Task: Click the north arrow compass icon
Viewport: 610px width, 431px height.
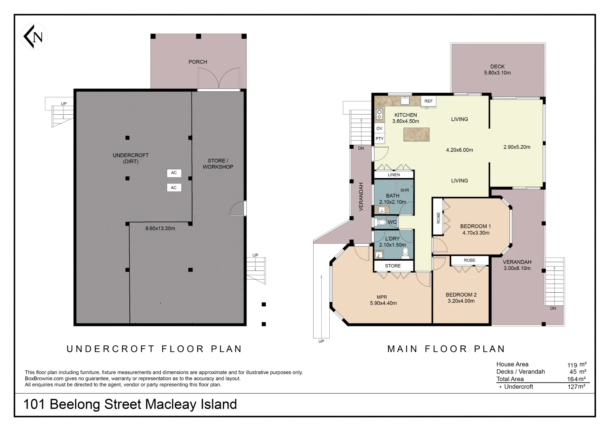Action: tap(34, 37)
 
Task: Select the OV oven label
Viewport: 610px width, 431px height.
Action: tap(379, 128)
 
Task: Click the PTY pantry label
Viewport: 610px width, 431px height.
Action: tap(379, 139)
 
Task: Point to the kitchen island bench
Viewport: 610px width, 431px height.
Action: tap(416, 134)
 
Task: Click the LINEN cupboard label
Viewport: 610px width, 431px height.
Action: tap(394, 175)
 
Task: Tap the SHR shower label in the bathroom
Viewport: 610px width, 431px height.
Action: tap(405, 190)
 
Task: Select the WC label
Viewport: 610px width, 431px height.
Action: tap(392, 222)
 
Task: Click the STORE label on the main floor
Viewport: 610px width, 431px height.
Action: tap(393, 266)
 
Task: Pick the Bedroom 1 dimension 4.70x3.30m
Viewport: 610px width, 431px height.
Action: tap(476, 233)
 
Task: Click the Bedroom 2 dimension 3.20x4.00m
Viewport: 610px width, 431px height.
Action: tap(461, 301)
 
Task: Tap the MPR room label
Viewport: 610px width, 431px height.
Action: tap(382, 297)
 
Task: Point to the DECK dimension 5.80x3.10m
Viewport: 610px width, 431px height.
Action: tap(497, 73)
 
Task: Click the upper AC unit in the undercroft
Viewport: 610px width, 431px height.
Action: tap(174, 173)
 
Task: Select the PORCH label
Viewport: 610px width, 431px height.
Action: tap(198, 62)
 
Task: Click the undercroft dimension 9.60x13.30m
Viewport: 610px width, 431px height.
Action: tap(160, 228)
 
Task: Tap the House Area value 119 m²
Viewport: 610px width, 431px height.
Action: tap(577, 365)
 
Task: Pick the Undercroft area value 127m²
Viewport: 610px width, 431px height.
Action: tap(576, 387)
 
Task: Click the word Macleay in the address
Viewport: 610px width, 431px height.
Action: tap(171, 404)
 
